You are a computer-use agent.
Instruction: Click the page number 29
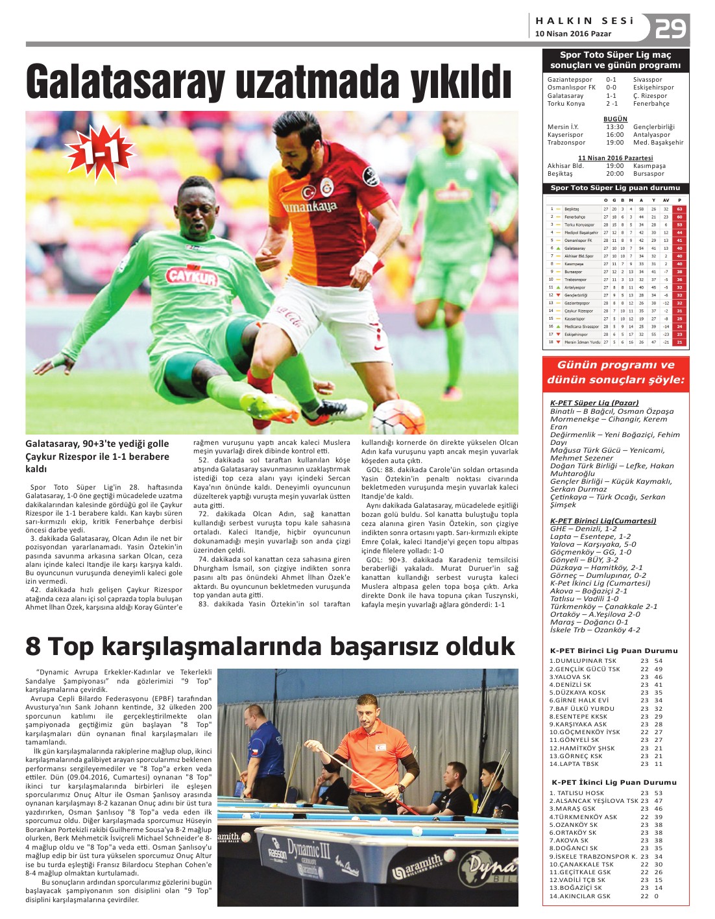pos(670,28)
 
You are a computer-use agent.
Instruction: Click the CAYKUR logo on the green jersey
pos(191,276)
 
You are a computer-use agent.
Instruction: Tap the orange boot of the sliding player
pos(272,407)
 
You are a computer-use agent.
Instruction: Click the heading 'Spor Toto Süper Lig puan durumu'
pos(615,188)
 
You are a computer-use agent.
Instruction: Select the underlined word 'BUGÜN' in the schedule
pos(615,119)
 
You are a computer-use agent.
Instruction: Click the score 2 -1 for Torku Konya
pos(612,104)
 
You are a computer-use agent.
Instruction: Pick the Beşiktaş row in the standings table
pos(616,209)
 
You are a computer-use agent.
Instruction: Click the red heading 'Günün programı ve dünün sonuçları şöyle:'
pos(615,372)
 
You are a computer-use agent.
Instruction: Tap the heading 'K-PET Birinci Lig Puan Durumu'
pos(614,650)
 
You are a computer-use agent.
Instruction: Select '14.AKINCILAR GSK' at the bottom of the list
pos(579,896)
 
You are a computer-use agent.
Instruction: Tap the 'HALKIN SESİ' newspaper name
pos(584,21)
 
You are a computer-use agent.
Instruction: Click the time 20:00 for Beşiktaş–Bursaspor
pos(614,174)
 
